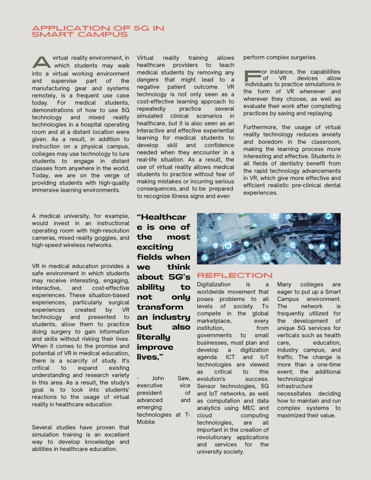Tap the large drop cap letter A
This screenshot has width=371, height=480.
pos(41,62)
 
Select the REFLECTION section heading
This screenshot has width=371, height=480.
pos(235,275)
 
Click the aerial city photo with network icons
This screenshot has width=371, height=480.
pos(268,239)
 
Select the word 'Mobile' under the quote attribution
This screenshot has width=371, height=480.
pos(146,422)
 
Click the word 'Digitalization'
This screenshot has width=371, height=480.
pos(214,285)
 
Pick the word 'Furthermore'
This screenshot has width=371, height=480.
pos(261,127)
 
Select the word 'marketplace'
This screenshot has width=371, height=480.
pos(213,321)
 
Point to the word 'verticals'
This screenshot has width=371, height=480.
pos(290,335)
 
